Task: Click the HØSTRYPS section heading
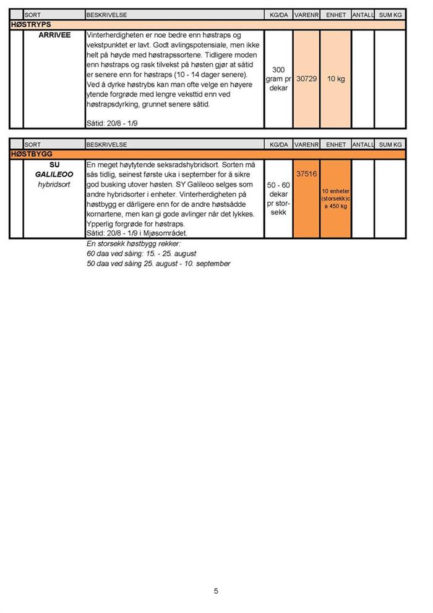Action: (x=31, y=24)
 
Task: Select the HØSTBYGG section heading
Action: (x=32, y=154)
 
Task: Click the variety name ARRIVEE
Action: (x=54, y=35)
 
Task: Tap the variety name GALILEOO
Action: (x=54, y=175)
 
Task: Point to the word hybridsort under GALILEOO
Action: (x=54, y=185)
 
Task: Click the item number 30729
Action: (x=306, y=79)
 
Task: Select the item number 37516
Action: (x=306, y=175)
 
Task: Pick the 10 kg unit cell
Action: (x=336, y=79)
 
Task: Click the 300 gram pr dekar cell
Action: (x=278, y=79)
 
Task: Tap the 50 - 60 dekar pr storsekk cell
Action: (x=278, y=198)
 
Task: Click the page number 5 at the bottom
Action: (x=216, y=591)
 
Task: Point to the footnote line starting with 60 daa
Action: (x=142, y=254)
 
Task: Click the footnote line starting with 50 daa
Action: (x=158, y=264)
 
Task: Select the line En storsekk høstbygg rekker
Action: (x=133, y=244)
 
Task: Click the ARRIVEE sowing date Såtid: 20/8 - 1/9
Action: (x=113, y=124)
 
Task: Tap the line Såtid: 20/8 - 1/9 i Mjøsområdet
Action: (x=137, y=233)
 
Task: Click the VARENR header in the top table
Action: (x=306, y=14)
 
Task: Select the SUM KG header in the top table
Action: (x=390, y=14)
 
